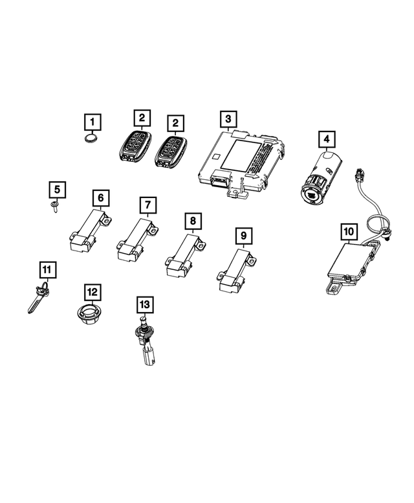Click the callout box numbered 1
pyautogui.click(x=93, y=121)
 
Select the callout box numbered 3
pyautogui.click(x=227, y=119)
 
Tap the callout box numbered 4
pyautogui.click(x=327, y=139)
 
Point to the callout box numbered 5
pyautogui.click(x=58, y=190)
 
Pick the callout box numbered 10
pyautogui.click(x=348, y=230)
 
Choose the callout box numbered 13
pyautogui.click(x=144, y=303)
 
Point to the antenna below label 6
pyautogui.click(x=89, y=230)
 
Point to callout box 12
pyautogui.click(x=93, y=292)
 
